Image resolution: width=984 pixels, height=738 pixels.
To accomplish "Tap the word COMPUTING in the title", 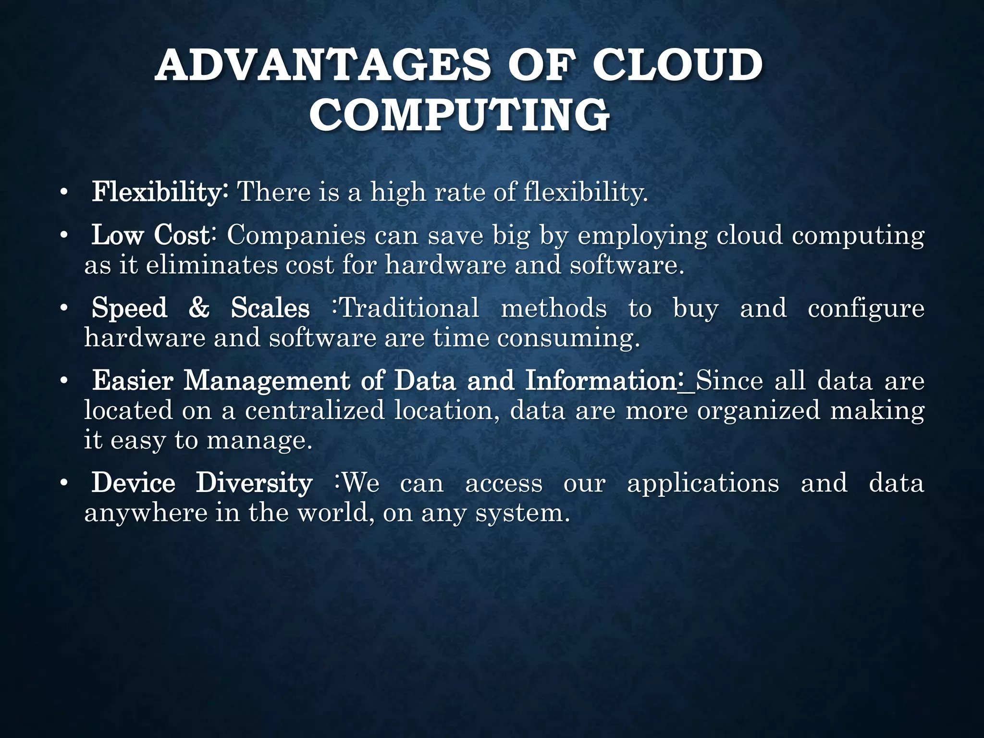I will (x=459, y=115).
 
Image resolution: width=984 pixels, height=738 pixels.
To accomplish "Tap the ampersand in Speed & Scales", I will (x=199, y=308).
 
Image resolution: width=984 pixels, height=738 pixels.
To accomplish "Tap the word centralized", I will (x=315, y=411).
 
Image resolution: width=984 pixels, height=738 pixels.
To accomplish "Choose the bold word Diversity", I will (x=254, y=483).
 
